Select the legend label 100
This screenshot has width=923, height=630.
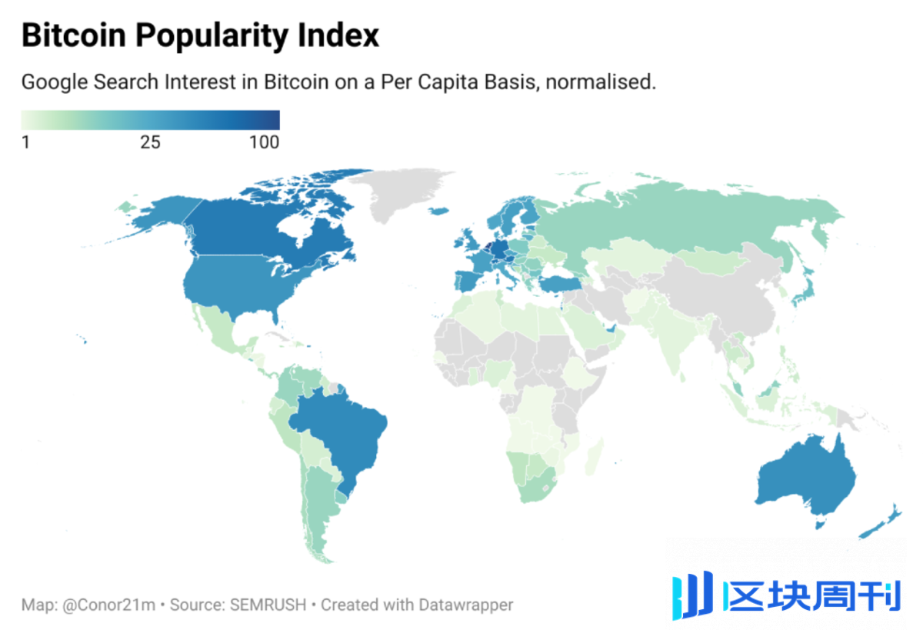point(265,142)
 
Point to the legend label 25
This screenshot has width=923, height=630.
point(150,142)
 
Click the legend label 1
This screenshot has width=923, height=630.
point(26,142)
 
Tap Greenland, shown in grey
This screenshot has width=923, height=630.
point(400,192)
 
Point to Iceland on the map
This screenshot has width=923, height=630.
point(439,211)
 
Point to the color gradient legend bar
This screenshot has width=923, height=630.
point(150,120)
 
